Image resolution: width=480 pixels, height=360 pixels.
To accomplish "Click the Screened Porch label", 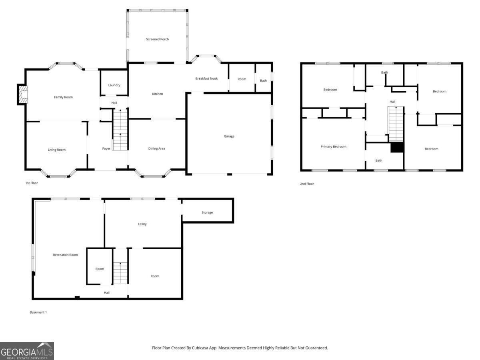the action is [x=157, y=39].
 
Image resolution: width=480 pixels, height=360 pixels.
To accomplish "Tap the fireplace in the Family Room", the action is [x=23, y=94].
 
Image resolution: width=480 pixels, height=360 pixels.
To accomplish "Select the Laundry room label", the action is [x=114, y=85].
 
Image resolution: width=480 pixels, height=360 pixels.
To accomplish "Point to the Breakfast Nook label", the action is [x=206, y=78].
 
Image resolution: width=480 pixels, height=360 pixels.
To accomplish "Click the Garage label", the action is [x=229, y=136].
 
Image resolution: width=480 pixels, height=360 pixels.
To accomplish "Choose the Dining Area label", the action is [x=156, y=148].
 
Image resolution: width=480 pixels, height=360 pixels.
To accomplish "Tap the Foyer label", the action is [x=106, y=148].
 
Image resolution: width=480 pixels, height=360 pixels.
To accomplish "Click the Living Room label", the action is [x=57, y=150].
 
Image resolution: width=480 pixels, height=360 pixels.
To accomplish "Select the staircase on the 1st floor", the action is [x=120, y=130].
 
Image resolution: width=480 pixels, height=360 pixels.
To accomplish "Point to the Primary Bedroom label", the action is [x=334, y=146].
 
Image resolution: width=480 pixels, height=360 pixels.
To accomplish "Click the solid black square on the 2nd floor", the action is [x=397, y=147].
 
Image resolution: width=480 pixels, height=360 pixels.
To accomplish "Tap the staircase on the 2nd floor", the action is [x=396, y=124].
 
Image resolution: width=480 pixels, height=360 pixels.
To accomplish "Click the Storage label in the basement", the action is [x=207, y=212].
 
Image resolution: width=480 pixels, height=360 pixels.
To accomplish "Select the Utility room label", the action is [x=142, y=224].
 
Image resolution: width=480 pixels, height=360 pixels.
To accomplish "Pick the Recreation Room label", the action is [x=65, y=255].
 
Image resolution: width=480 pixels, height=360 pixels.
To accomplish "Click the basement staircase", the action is [x=120, y=273].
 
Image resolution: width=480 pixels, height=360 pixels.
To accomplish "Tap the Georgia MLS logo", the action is [x=27, y=351].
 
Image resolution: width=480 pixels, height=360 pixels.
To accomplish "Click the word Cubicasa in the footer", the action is [x=200, y=348].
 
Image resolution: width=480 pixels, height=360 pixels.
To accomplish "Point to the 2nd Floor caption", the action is [x=307, y=184].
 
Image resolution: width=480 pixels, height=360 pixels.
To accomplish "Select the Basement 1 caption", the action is [x=38, y=312].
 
